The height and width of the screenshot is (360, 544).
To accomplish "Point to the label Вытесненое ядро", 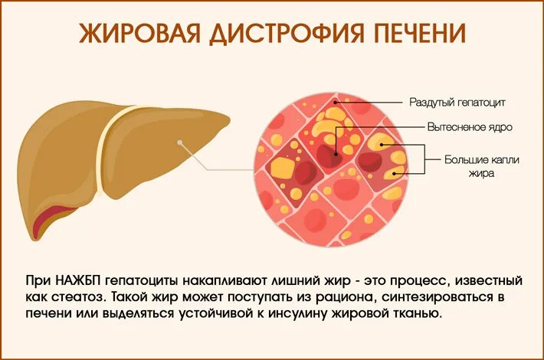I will pyautogui.click(x=460, y=127).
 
